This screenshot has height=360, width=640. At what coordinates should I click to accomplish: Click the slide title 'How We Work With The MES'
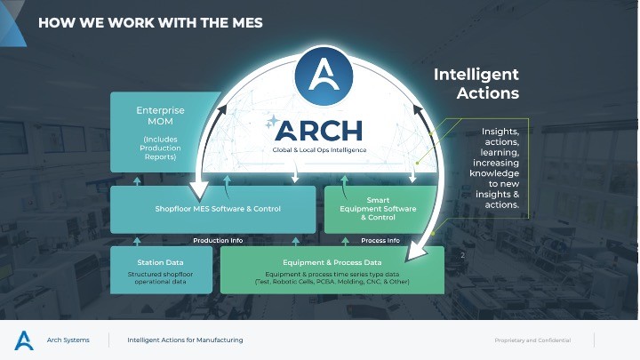click(x=150, y=22)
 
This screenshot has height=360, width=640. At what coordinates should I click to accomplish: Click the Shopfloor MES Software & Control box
click(x=212, y=209)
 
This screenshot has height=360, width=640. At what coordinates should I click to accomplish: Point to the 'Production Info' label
click(x=218, y=240)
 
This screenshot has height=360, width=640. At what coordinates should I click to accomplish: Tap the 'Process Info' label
click(x=380, y=240)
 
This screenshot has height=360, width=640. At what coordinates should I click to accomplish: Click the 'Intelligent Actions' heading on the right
click(x=476, y=84)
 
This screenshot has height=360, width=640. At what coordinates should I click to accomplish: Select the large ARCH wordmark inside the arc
click(x=318, y=131)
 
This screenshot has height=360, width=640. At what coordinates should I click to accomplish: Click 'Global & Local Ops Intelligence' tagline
click(x=318, y=149)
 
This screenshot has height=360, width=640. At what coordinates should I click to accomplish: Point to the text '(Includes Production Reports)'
click(x=160, y=148)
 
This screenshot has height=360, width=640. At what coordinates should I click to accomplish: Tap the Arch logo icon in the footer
click(x=24, y=340)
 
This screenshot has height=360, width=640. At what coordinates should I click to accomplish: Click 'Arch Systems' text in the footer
click(x=68, y=340)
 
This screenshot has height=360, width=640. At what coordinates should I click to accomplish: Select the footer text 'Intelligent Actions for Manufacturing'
click(x=185, y=340)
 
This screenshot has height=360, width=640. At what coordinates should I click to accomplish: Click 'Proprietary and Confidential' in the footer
click(x=532, y=340)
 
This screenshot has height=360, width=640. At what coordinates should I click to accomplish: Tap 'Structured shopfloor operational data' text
click(x=161, y=277)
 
